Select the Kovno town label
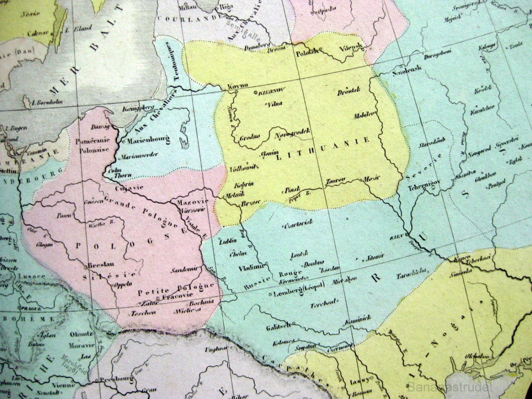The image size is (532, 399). click(x=237, y=86)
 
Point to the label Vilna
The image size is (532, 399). click(x=269, y=104)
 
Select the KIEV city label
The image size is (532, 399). click(x=396, y=237)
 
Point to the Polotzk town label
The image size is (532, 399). click(x=307, y=53)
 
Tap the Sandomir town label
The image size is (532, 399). click(x=185, y=270)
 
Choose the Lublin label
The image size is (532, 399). click(x=229, y=241)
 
